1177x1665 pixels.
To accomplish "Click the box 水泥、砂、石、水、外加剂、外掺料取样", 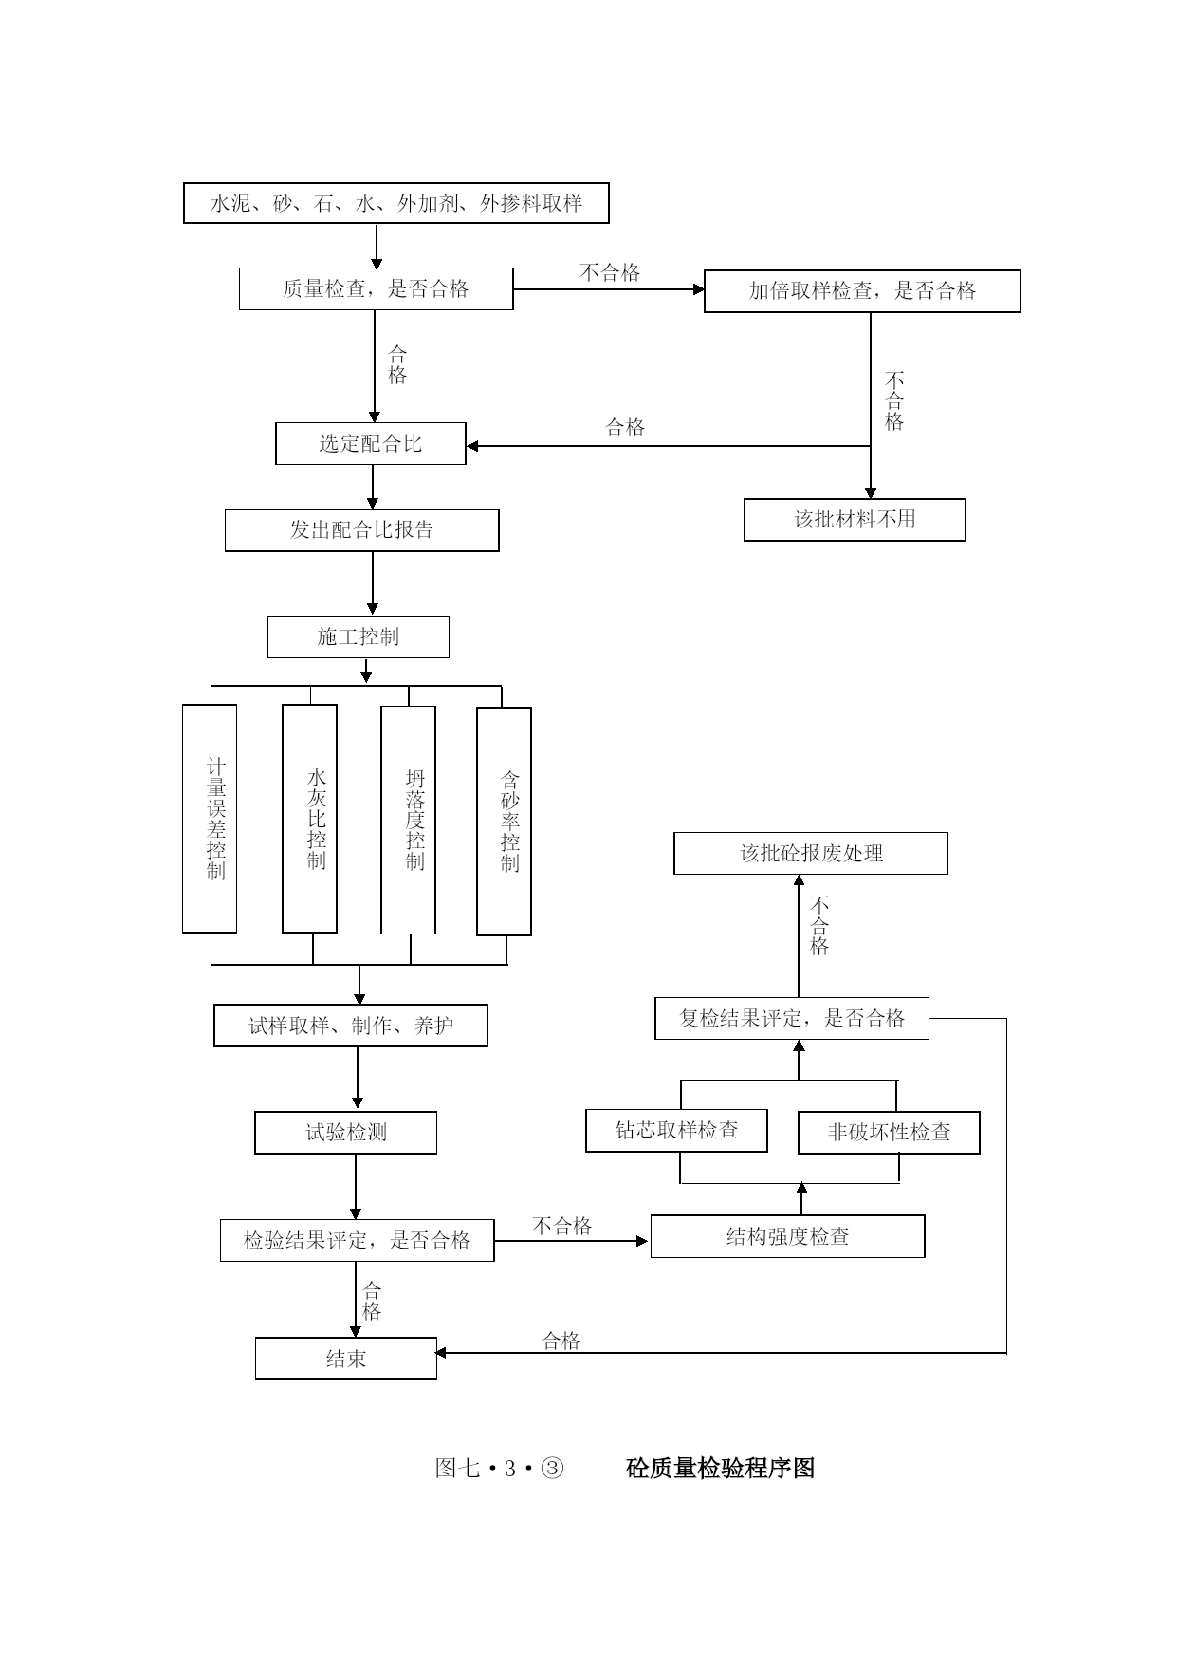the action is (x=395, y=203).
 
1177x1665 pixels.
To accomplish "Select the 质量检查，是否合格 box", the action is (x=376, y=288).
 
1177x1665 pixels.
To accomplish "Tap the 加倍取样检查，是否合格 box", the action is (x=862, y=291).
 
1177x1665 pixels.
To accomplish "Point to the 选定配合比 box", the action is (x=371, y=443).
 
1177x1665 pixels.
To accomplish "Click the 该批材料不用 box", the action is (x=855, y=520).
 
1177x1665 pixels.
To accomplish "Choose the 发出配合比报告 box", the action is (x=361, y=530).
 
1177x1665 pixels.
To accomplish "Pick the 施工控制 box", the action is (x=359, y=638).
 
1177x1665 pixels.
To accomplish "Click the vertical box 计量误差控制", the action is (x=210, y=819).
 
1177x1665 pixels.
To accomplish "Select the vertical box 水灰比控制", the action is (x=309, y=819).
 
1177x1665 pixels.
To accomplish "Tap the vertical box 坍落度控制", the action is (x=409, y=821).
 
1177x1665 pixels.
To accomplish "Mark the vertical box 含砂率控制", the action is (x=504, y=822).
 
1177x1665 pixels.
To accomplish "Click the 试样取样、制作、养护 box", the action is (x=351, y=1026).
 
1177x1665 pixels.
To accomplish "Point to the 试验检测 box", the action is (x=346, y=1133).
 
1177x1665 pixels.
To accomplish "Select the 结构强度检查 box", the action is (x=788, y=1236).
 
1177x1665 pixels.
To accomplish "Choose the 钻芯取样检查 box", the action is (x=676, y=1131).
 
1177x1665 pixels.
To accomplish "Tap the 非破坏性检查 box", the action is (x=889, y=1133).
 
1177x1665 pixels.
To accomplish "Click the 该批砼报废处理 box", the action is (x=811, y=854).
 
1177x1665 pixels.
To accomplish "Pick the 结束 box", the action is (x=346, y=1359).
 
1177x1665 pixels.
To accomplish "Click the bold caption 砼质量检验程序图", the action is (x=721, y=1468).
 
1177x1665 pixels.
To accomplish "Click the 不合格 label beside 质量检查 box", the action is (x=610, y=273).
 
